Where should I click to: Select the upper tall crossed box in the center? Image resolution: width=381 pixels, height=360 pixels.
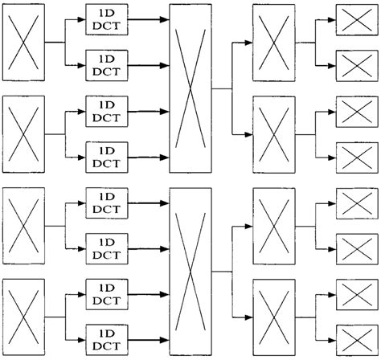pos(190,88)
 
